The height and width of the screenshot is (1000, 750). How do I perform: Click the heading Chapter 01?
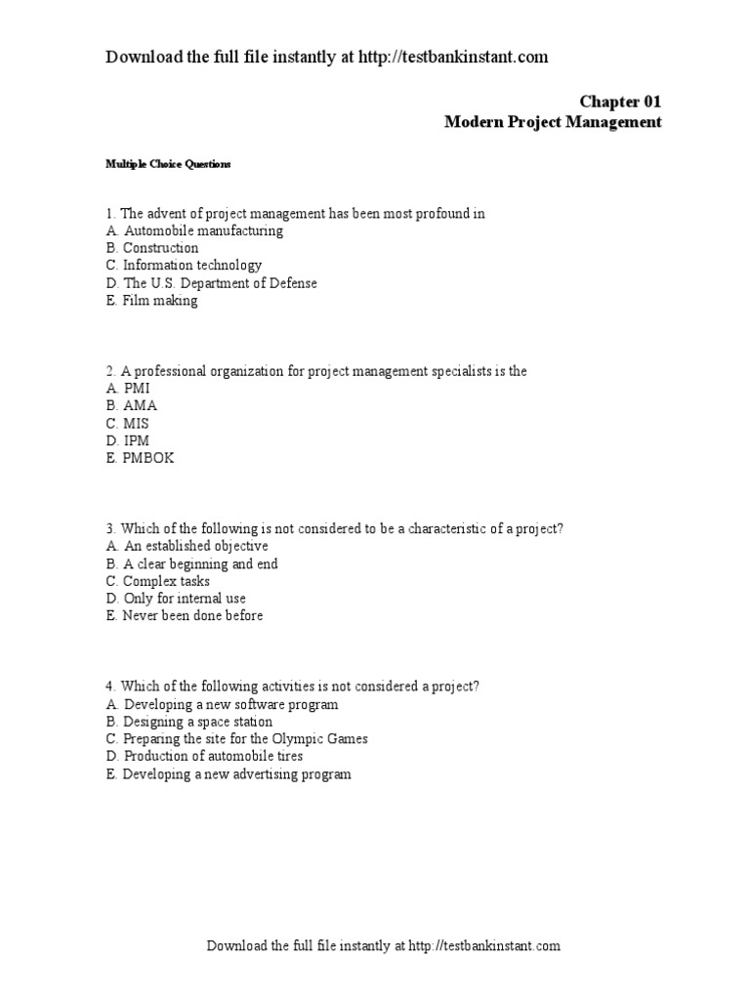(620, 101)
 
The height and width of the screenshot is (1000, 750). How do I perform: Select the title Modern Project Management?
(553, 122)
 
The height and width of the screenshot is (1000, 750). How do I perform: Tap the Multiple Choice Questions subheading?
(168, 164)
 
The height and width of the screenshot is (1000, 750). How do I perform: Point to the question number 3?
(109, 528)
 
